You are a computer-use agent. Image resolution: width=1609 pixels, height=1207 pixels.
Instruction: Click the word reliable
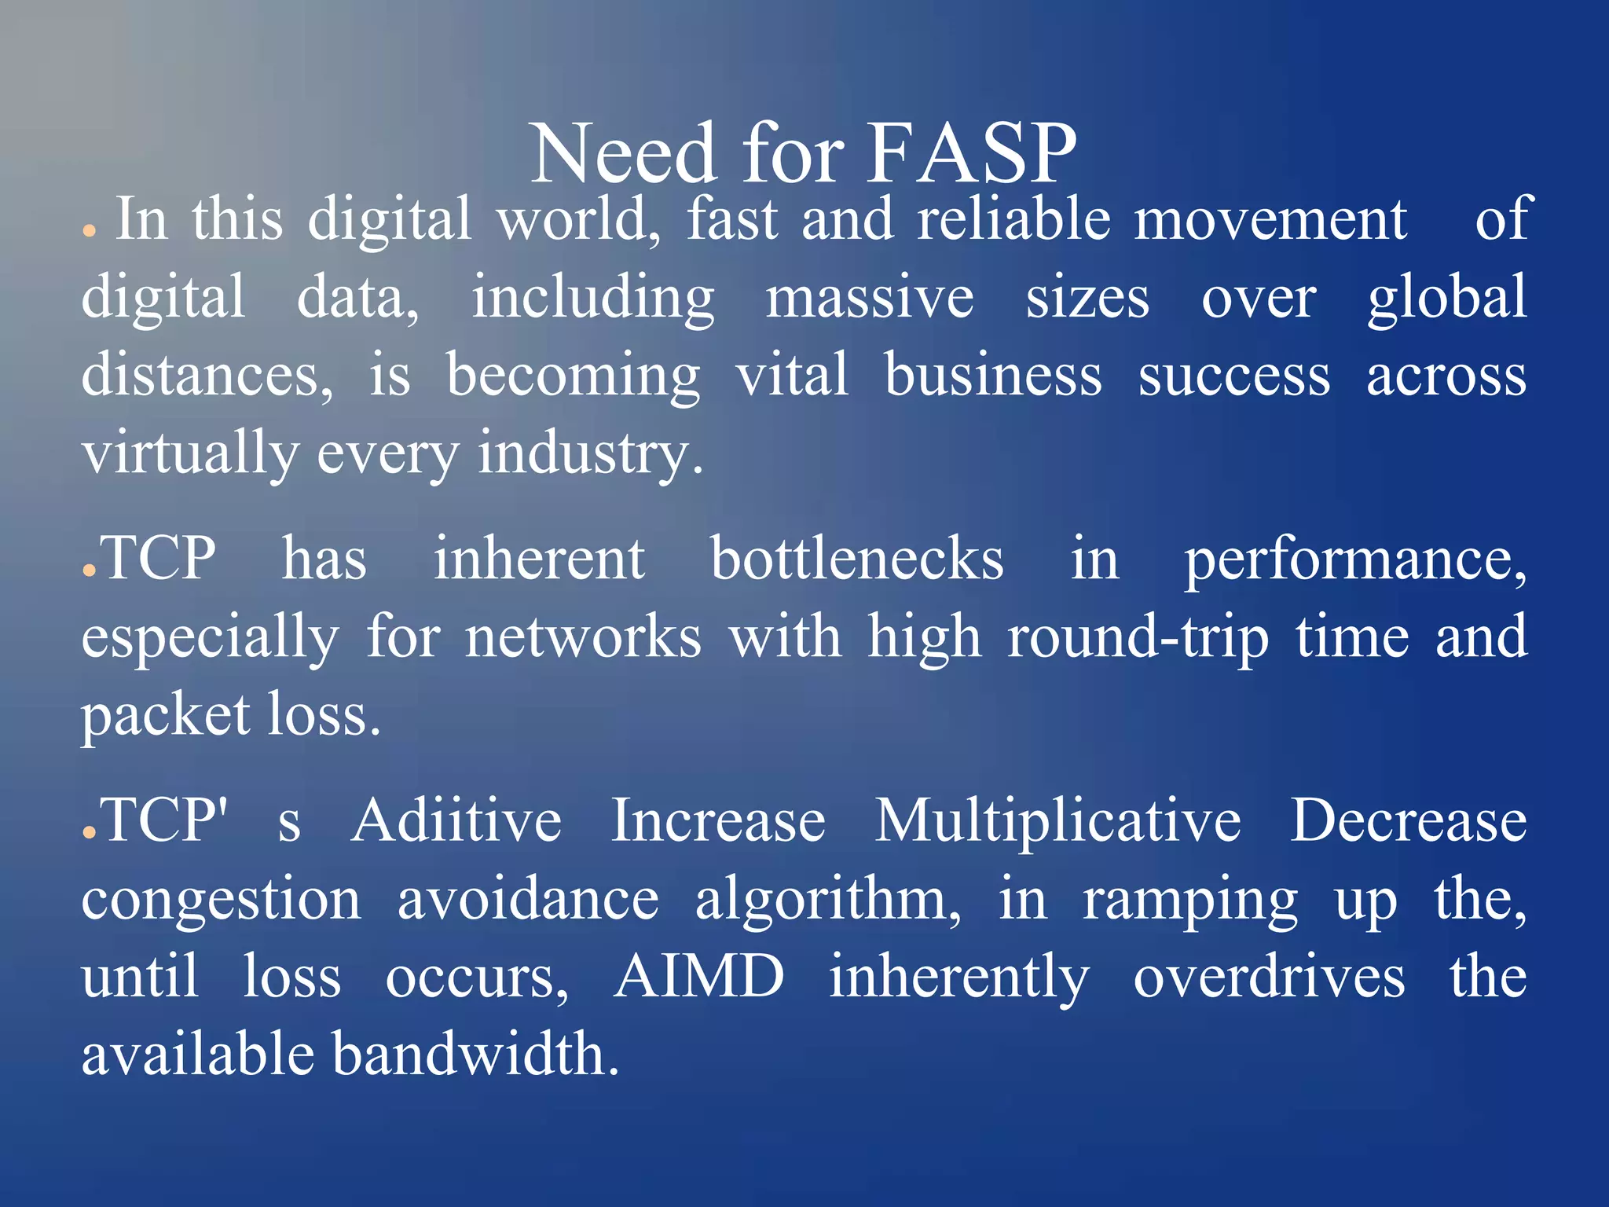1013,219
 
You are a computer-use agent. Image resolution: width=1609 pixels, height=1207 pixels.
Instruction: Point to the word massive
870,298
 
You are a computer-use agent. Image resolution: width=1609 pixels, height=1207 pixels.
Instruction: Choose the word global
1447,298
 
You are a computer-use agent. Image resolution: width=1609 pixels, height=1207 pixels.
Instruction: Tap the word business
993,376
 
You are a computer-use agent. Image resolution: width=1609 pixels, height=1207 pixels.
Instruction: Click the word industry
589,454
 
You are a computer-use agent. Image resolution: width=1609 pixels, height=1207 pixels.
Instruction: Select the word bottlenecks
857,559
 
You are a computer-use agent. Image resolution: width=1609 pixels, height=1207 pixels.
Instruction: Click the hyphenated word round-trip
1138,637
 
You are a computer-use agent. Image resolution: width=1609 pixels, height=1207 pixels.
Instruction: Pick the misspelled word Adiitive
456,820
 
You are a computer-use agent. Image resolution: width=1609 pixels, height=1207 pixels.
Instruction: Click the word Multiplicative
1057,820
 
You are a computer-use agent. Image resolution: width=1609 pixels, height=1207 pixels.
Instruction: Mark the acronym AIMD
698,977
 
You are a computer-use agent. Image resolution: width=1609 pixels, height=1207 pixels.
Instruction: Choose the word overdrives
1269,977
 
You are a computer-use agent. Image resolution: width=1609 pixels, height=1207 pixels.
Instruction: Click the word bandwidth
475,1055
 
